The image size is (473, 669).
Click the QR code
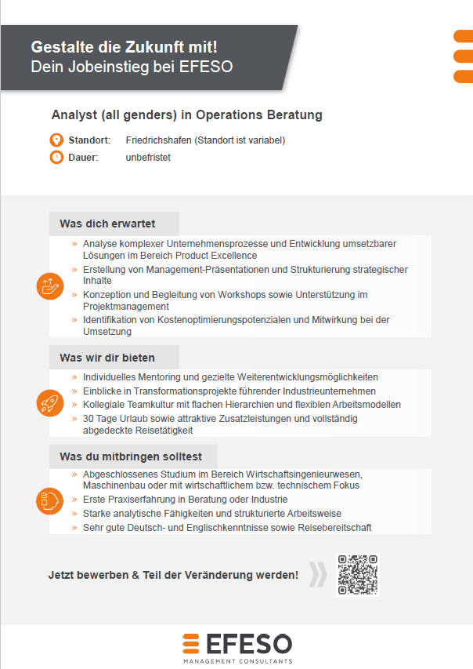point(357,575)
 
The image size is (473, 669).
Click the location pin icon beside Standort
point(56,140)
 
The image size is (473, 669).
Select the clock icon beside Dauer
point(56,157)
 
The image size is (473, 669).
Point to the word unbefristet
point(148,157)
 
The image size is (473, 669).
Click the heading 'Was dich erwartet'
point(107,224)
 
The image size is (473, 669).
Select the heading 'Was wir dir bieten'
point(107,358)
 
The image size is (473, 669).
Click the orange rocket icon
point(49,403)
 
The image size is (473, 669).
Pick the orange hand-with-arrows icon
point(49,286)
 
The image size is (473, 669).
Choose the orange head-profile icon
point(49,500)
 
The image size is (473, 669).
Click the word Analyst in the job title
point(74,115)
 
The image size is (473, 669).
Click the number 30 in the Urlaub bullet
point(88,419)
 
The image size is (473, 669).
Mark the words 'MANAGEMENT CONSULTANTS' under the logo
point(237,661)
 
